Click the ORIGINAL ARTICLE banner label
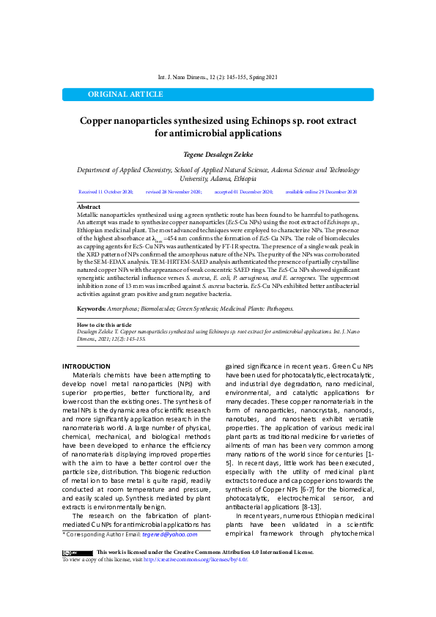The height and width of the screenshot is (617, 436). (x=126, y=95)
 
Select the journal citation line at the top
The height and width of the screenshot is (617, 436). (x=218, y=77)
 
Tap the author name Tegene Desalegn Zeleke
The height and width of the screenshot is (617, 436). (x=218, y=155)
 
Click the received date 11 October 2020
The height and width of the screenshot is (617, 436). (x=106, y=191)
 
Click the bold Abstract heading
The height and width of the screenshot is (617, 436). (x=89, y=207)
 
